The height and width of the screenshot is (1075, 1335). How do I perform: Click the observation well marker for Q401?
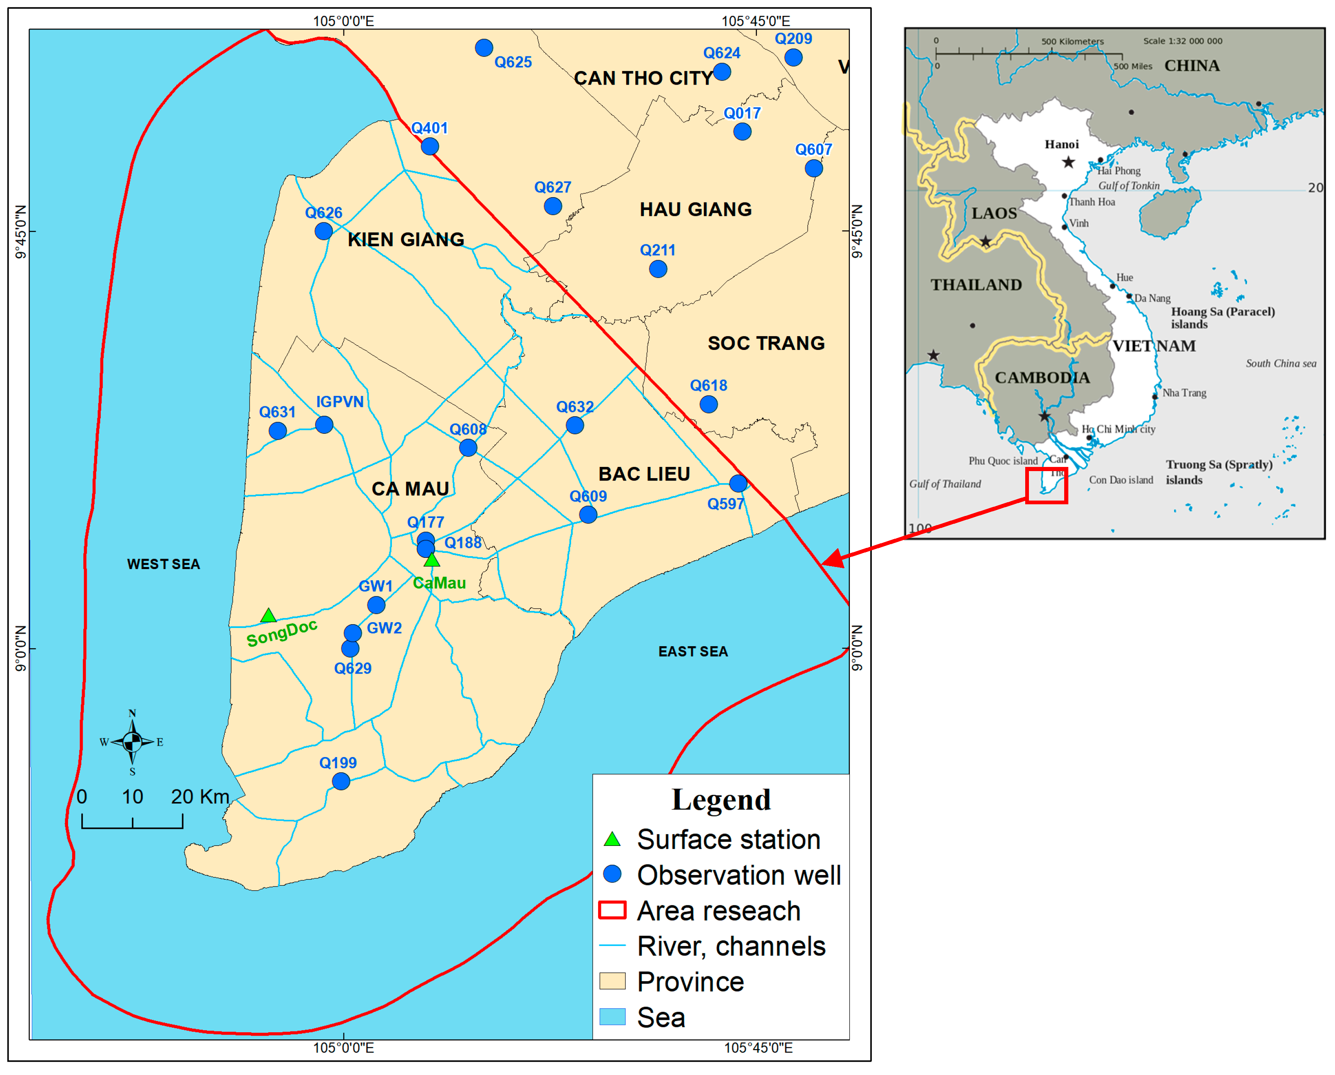tap(430, 147)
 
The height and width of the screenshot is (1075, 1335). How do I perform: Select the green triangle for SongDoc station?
tap(268, 616)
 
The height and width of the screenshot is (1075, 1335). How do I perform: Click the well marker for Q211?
tap(658, 269)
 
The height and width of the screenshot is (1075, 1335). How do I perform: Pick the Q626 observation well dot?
tap(323, 231)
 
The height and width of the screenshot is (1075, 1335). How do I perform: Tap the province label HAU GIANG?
tap(695, 210)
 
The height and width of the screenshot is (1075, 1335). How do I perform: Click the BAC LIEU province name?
tap(644, 474)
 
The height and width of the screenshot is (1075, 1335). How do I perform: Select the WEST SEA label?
tap(163, 564)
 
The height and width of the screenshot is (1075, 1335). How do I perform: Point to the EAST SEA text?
tap(693, 651)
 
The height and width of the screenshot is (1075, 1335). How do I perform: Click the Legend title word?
tap(721, 800)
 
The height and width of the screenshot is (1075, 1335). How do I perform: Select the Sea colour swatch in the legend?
tap(613, 1017)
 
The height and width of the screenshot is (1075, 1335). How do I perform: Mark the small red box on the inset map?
tap(1046, 485)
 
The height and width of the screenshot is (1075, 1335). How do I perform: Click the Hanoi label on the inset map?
tap(1061, 144)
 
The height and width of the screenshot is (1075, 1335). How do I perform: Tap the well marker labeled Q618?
tap(708, 405)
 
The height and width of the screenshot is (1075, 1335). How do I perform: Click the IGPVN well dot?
tap(324, 425)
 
